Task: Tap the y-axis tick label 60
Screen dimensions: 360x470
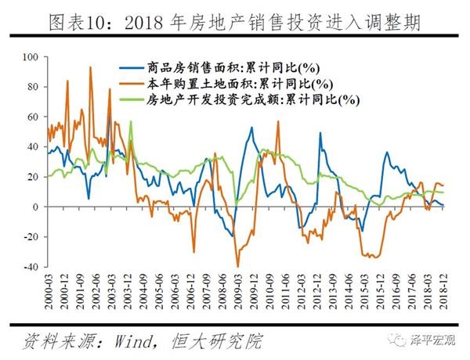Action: [x=31, y=117]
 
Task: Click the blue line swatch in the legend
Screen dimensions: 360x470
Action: [x=130, y=67]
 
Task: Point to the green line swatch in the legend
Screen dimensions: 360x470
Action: [x=130, y=99]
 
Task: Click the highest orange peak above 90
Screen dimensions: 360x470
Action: [x=90, y=67]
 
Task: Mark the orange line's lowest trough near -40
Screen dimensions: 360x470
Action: [x=237, y=266]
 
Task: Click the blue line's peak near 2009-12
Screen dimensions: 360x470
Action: [x=251, y=128]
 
